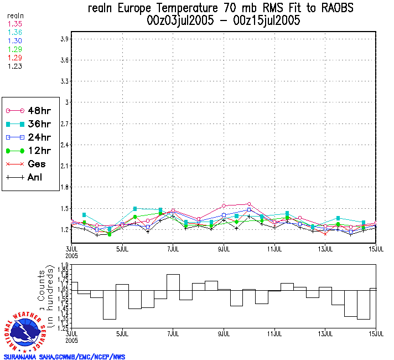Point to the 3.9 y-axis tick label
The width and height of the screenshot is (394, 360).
tap(64, 39)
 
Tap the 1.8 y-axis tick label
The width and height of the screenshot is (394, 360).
tap(64, 187)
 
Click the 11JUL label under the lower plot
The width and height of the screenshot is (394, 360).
tap(275, 334)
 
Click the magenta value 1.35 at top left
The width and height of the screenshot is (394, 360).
tap(15, 24)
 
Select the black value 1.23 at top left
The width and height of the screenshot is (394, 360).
tap(15, 66)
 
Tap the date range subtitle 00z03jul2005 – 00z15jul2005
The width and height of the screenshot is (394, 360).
tap(224, 21)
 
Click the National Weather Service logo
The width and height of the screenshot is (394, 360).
tap(25, 330)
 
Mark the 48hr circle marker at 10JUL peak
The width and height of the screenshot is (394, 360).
tap(249, 204)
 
